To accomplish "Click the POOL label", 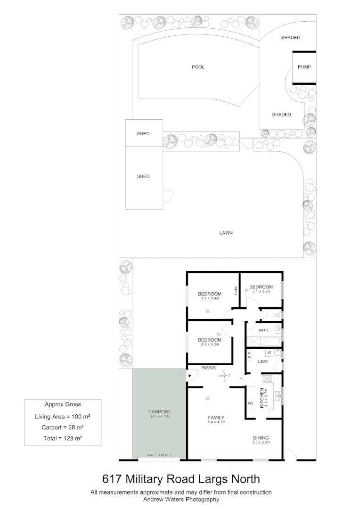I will point(198,67).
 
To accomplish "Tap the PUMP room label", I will point(304,67).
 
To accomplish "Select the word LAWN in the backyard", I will point(226,233).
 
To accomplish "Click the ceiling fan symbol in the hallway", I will point(225,375).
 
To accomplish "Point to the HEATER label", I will point(208,367).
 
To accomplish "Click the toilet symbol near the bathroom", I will point(279,314).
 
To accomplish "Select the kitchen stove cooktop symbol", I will point(268,378).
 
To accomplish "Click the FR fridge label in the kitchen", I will point(250,403).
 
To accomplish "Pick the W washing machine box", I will point(269,353).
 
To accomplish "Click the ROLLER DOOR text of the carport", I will point(158,455).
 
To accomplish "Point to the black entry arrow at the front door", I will point(189,376).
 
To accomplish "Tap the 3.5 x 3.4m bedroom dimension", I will point(209,298).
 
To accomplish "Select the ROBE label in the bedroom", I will point(236,290).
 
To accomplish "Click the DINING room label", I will point(260,438).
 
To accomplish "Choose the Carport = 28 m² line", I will point(62,427).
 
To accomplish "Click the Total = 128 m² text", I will point(62,438).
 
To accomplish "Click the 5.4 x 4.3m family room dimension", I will point(217,422).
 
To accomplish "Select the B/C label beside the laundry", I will point(249,354).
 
